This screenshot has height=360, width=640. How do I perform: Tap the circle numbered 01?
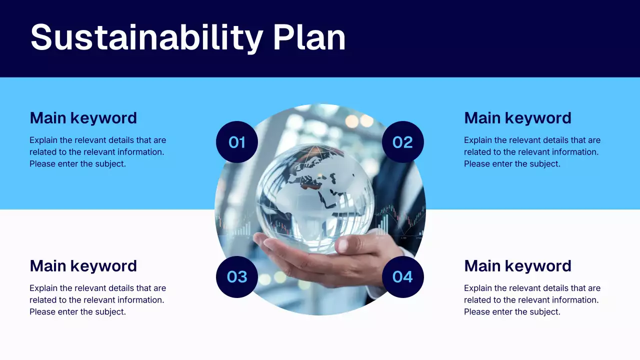click(x=237, y=142)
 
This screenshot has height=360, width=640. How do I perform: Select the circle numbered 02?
click(x=402, y=142)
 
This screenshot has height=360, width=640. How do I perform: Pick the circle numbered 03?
click(x=237, y=277)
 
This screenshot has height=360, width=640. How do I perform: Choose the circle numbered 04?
click(x=402, y=277)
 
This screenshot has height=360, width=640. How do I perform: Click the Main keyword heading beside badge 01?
click(x=83, y=118)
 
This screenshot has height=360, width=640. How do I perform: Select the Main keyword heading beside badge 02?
click(x=517, y=118)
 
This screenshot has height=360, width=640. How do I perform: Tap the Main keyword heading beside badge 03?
click(x=83, y=266)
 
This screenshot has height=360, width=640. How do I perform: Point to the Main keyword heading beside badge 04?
click(x=517, y=266)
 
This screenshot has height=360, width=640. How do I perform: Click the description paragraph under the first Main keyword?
click(x=97, y=152)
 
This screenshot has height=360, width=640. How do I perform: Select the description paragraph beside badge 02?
click(x=532, y=152)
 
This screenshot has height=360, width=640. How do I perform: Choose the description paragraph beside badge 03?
click(x=97, y=300)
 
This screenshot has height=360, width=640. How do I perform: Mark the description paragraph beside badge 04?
click(x=532, y=300)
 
